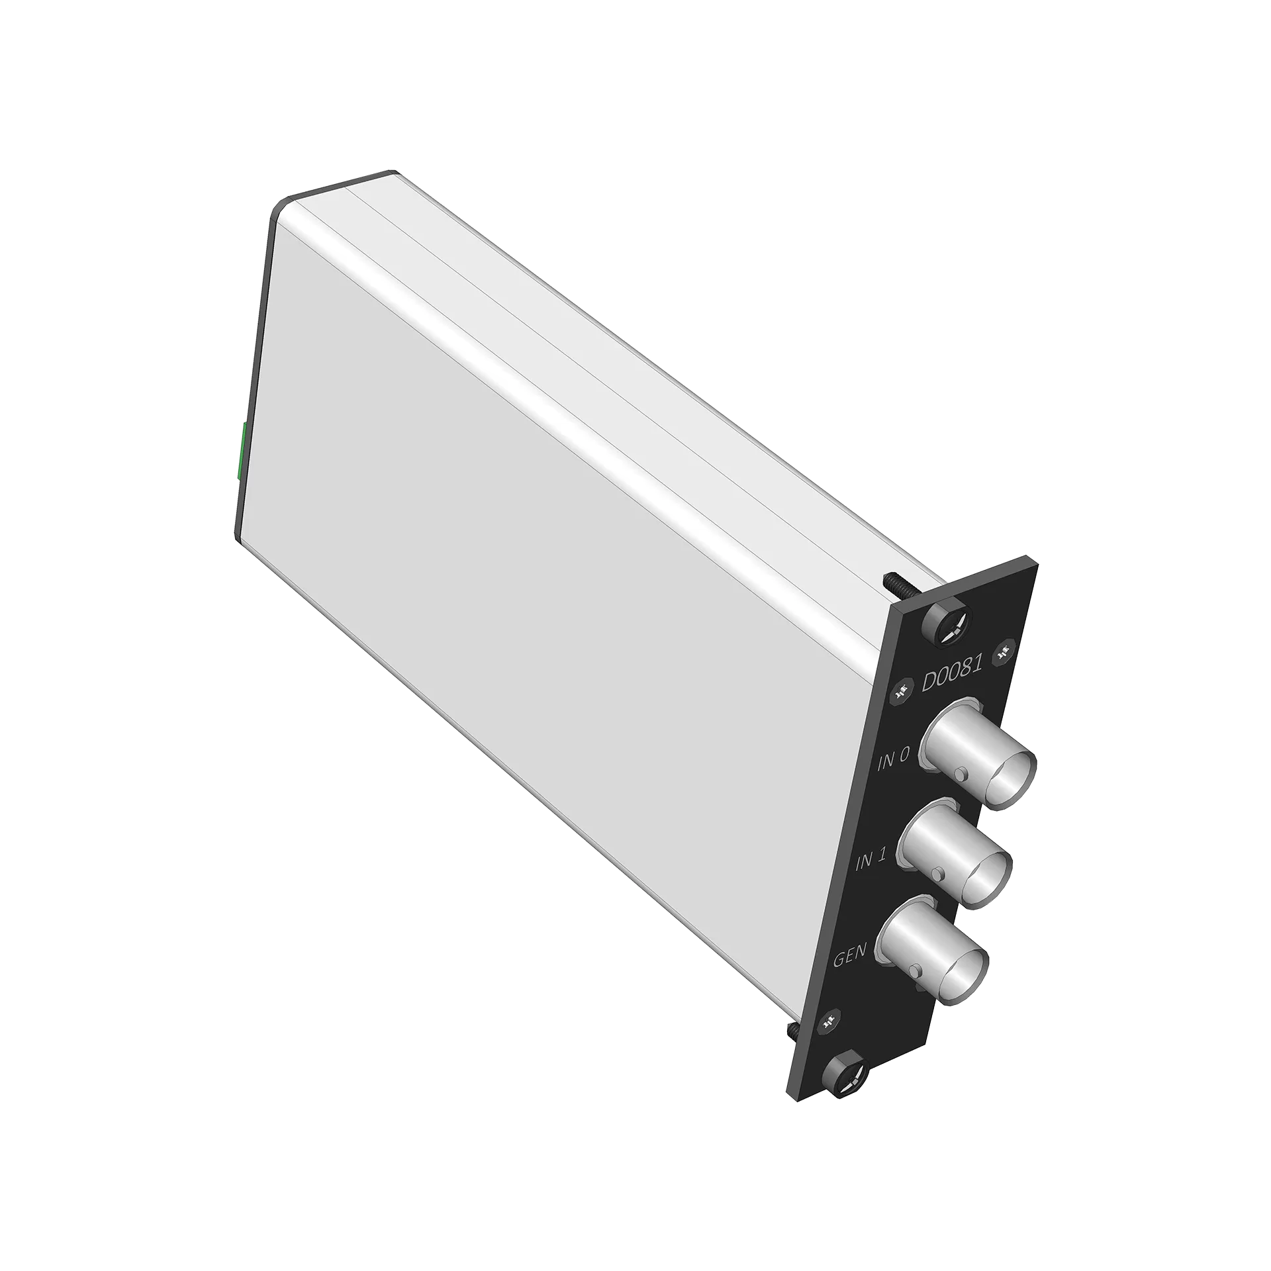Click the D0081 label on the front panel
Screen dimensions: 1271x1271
tap(952, 671)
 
